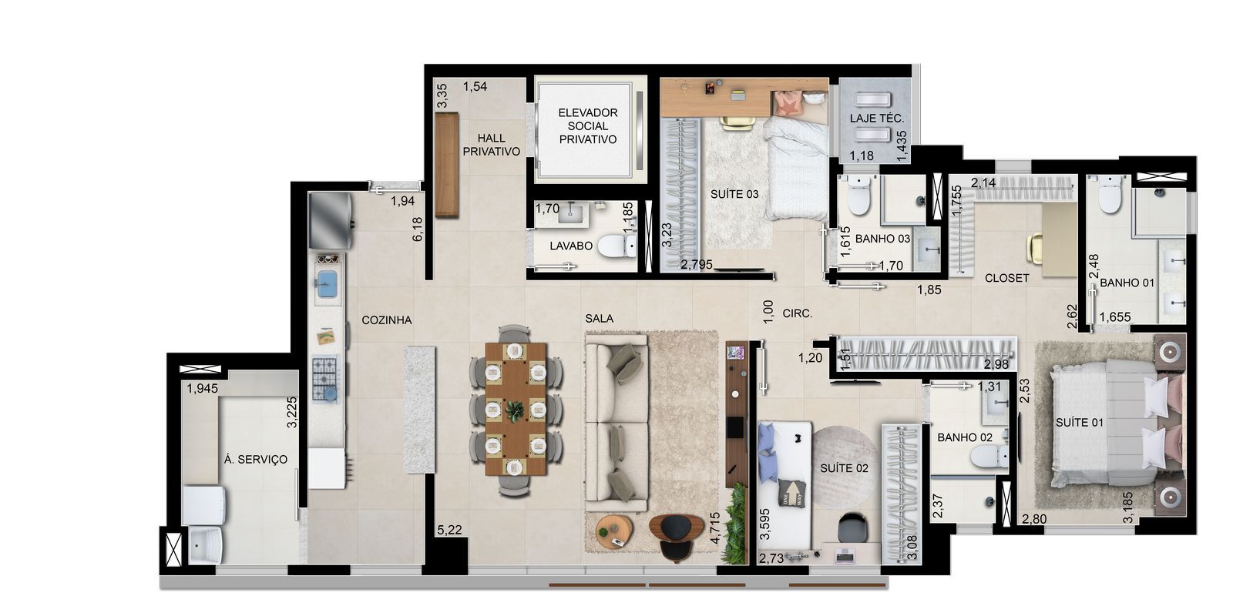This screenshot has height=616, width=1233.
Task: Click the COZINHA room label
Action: [x=386, y=320]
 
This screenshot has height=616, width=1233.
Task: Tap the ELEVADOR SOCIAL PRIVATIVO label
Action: [x=588, y=126]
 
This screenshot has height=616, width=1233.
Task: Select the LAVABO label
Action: [x=571, y=246]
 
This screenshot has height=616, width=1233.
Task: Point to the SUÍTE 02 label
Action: [x=844, y=468]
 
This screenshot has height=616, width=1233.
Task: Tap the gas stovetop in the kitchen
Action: [x=324, y=378]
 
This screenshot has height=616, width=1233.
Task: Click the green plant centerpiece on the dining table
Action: [x=516, y=410]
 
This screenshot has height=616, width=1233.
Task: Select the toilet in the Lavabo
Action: [x=617, y=246]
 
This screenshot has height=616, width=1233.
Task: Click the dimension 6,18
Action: [x=417, y=229]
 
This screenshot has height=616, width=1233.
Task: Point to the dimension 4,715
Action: [x=714, y=528]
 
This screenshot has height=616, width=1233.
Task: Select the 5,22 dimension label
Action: [x=450, y=531]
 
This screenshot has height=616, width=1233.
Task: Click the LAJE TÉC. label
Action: [x=877, y=119]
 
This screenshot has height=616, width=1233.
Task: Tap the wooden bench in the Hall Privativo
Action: [x=447, y=165]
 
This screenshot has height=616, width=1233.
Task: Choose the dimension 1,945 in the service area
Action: [x=202, y=388]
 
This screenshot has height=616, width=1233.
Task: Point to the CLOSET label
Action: [x=1006, y=278]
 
